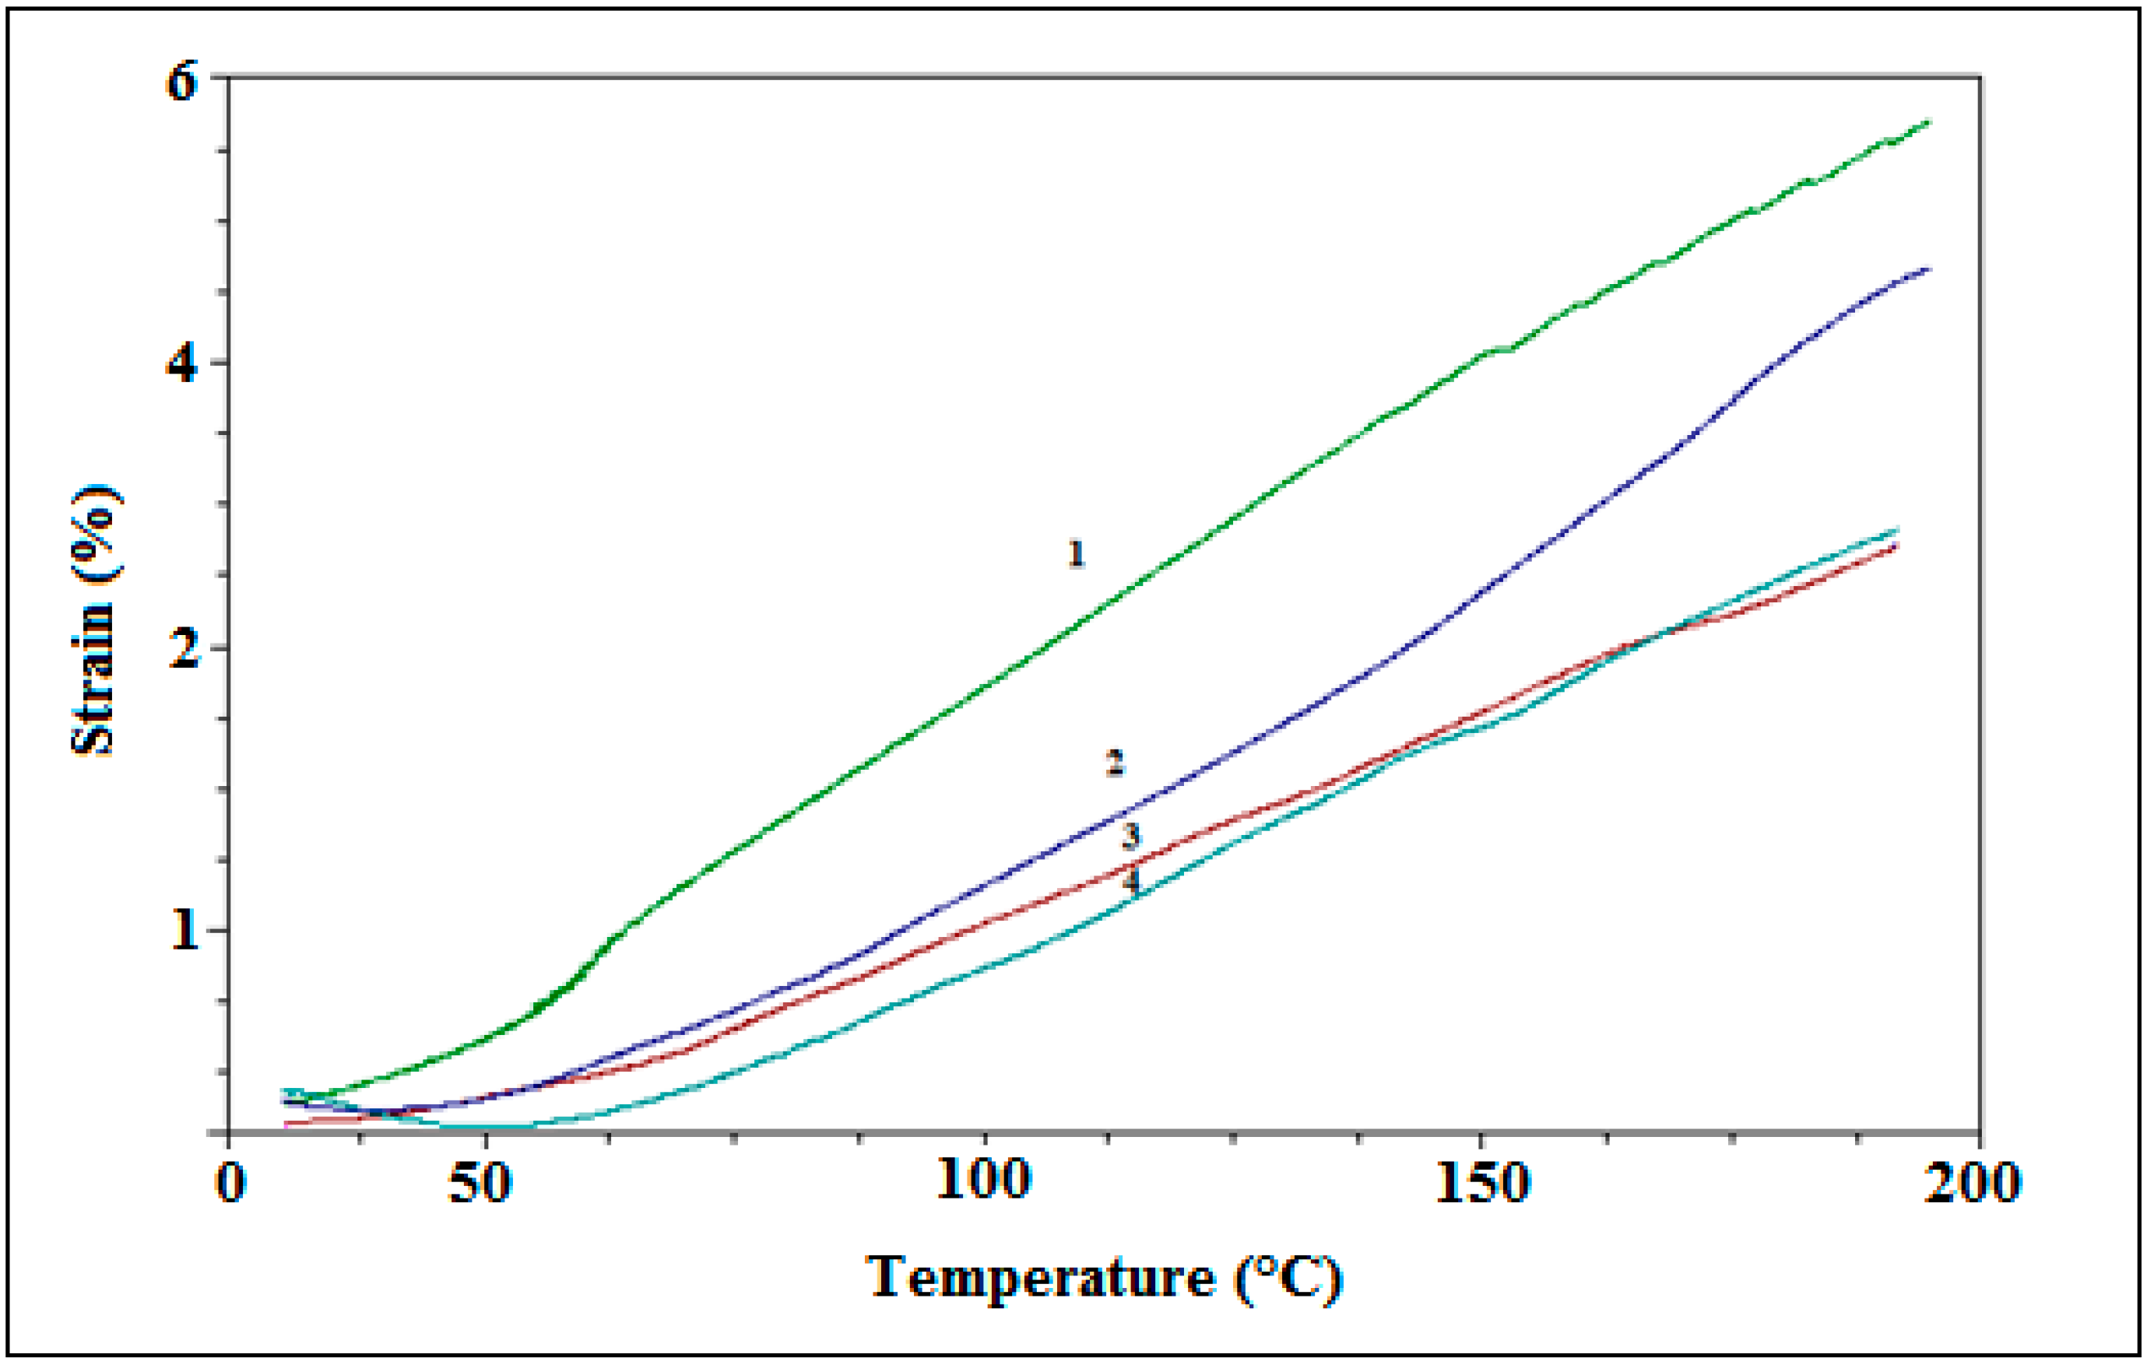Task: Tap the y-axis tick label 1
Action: click(x=183, y=931)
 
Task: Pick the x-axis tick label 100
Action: click(x=983, y=1182)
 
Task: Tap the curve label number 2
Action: click(x=1116, y=763)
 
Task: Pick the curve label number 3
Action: click(x=1130, y=837)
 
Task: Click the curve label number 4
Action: click(x=1130, y=881)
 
